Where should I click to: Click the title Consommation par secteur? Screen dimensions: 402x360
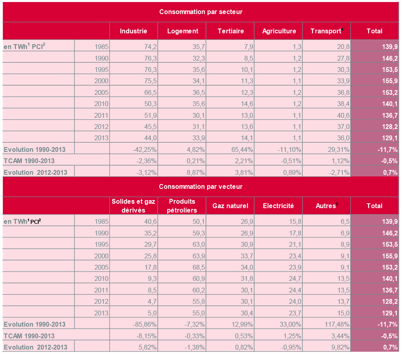point(201,12)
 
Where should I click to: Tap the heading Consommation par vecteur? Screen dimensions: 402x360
point(201,186)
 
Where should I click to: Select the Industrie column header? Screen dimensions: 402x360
point(133,31)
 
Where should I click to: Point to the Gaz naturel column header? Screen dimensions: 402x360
point(230,206)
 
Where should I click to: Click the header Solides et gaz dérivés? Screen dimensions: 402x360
point(133,206)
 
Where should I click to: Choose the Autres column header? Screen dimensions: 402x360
point(326,205)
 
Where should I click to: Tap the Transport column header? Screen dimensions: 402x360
point(326,31)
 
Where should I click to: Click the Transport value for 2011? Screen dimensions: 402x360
point(343,115)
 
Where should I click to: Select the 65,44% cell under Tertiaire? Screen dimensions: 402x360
point(242,149)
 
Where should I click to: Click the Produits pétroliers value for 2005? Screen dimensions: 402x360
point(199,267)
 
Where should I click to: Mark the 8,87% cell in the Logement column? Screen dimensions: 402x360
point(196,172)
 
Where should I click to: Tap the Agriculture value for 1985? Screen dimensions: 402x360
point(297,47)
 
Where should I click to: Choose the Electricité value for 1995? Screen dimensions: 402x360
point(295,244)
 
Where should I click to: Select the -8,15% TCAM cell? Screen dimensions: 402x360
point(146,336)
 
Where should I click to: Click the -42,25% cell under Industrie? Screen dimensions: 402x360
point(145,149)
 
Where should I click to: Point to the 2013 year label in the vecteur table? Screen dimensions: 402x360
point(101,313)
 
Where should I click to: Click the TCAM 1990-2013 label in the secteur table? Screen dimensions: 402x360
point(29,161)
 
